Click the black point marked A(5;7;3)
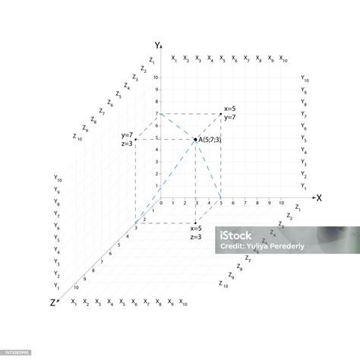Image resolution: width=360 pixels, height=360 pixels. point(195,140)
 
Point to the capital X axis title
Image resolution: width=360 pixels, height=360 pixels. point(319,198)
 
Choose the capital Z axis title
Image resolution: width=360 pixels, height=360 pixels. point(52,302)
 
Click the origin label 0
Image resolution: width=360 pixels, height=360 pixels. point(160,204)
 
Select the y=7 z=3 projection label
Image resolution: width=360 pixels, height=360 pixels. point(127,140)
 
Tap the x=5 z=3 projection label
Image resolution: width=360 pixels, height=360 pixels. point(195,232)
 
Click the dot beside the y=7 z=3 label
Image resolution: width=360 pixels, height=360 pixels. point(136,140)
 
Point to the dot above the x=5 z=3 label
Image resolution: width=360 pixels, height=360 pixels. point(195,223)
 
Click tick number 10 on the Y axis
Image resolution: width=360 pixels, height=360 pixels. point(156,77)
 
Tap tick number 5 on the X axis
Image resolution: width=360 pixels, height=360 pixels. point(220,204)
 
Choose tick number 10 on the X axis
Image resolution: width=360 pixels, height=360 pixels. point(281,204)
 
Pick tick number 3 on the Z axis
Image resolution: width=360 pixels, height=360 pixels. point(136,227)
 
